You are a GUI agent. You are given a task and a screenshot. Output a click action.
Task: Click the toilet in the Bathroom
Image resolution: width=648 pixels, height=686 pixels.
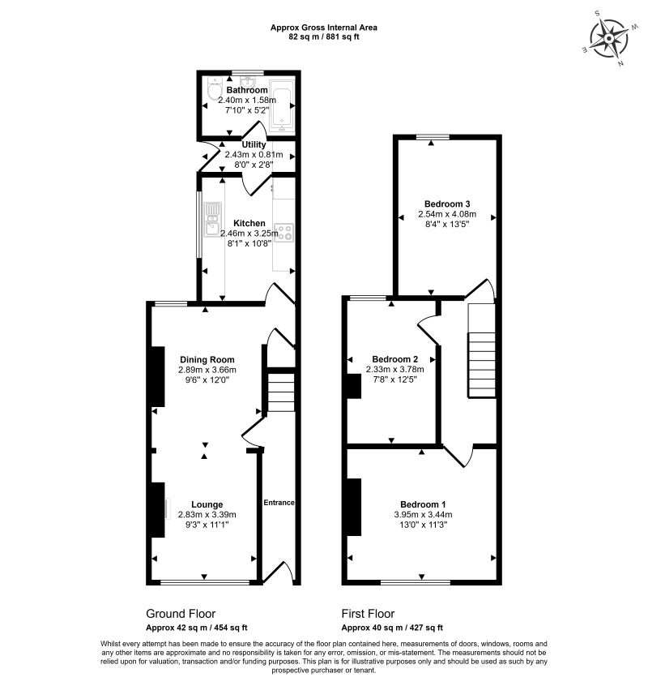pos(212,91)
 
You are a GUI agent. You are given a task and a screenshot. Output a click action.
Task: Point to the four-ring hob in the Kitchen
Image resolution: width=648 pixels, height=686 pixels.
pos(284,233)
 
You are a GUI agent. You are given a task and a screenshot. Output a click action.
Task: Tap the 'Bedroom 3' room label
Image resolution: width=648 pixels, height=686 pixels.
pos(446,204)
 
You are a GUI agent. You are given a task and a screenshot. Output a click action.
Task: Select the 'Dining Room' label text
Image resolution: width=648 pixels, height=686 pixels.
pos(207,360)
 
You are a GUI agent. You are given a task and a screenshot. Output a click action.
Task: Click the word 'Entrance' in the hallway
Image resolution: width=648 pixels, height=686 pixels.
pos(278,503)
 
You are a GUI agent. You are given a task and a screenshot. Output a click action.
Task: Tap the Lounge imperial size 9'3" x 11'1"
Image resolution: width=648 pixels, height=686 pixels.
pos(207,524)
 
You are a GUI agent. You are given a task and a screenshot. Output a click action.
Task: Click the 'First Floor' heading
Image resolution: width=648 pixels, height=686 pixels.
pos(368,614)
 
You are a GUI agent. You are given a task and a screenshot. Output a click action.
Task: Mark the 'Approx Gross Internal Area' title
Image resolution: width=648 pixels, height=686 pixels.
pos(323,28)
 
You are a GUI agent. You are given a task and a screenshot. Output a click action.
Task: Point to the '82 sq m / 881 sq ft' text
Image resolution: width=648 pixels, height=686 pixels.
pos(323,36)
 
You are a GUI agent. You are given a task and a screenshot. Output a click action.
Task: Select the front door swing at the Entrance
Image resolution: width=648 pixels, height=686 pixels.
pos(286,572)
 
